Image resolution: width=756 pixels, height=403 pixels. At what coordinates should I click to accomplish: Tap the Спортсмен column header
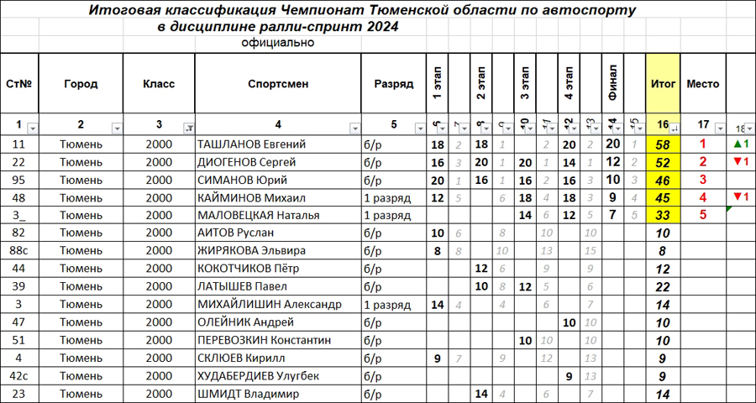pyautogui.click(x=278, y=84)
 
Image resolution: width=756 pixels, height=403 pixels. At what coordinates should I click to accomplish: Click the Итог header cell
pyautogui.click(x=663, y=84)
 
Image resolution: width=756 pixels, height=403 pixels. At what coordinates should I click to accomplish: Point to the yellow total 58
pyautogui.click(x=663, y=144)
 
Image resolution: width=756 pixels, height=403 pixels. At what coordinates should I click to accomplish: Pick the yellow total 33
pyautogui.click(x=663, y=214)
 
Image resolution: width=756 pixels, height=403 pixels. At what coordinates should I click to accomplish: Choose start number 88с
pyautogui.click(x=18, y=250)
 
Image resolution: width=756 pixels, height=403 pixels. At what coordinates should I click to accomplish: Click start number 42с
pyautogui.click(x=18, y=375)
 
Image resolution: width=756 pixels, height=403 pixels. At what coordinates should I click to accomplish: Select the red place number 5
pyautogui.click(x=702, y=214)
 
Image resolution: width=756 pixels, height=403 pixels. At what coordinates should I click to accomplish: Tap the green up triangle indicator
pyautogui.click(x=737, y=144)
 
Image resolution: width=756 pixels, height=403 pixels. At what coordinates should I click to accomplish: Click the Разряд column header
pyautogui.click(x=393, y=84)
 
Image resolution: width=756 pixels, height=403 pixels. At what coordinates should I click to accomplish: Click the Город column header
pyautogui.click(x=80, y=84)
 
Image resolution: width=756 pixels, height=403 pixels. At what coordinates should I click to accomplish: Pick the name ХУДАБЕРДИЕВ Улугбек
pyautogui.click(x=258, y=375)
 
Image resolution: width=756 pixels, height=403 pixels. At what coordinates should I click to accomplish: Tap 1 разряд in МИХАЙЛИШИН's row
pyautogui.click(x=386, y=304)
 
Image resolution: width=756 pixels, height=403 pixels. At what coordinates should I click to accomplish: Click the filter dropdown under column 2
pyautogui.click(x=117, y=128)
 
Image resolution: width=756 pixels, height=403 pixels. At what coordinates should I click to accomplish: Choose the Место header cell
pyautogui.click(x=702, y=84)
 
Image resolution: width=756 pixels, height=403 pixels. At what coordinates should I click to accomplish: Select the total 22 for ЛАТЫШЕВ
pyautogui.click(x=663, y=286)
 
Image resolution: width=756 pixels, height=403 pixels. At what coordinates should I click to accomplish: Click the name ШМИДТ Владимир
pyautogui.click(x=247, y=394)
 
